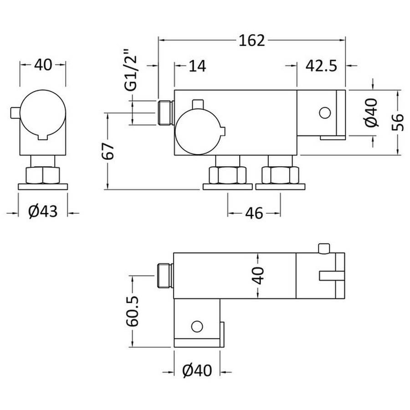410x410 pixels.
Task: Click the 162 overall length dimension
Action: (x=252, y=41)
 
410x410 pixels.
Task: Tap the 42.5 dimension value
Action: (x=321, y=66)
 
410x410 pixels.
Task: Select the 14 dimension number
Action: (x=197, y=66)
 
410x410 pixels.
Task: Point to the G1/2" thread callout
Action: (x=131, y=70)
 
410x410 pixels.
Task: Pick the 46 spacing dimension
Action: (x=254, y=213)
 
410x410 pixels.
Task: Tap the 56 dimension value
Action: (x=397, y=122)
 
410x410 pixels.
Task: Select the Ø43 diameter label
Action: (x=43, y=211)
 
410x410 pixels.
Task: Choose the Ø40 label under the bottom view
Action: (x=197, y=370)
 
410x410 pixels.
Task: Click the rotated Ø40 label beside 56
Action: (x=372, y=113)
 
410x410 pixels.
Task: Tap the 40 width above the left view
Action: (x=43, y=65)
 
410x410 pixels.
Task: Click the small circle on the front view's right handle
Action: (x=325, y=113)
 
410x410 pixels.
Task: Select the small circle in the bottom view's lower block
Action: (x=197, y=326)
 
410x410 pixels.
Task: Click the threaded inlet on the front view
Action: (x=166, y=113)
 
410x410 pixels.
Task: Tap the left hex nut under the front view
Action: (x=227, y=175)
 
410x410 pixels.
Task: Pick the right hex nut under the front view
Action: (x=280, y=175)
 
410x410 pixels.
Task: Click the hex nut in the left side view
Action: (x=43, y=175)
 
